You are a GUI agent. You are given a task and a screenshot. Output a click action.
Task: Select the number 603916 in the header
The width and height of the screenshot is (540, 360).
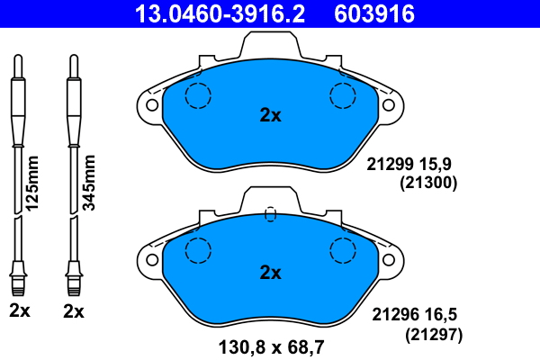374,13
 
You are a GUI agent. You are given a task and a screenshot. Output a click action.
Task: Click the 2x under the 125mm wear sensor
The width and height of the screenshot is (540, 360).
20,312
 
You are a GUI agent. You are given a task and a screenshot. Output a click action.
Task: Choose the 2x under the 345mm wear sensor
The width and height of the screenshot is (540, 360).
74,312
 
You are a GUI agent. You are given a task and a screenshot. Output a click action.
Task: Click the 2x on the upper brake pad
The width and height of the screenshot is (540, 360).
270,115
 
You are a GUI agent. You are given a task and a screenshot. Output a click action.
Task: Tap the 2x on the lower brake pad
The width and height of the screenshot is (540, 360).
270,272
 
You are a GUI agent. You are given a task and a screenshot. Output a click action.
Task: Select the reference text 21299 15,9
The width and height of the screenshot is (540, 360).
414,165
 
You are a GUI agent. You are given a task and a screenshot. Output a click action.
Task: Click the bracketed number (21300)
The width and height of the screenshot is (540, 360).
429,183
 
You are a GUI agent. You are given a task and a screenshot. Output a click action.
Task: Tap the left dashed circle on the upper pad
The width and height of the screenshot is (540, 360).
197,94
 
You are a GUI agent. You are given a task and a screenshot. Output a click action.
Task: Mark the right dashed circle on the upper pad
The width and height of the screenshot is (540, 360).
344,94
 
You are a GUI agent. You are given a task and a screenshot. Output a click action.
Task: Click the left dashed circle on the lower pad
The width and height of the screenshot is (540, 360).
197,249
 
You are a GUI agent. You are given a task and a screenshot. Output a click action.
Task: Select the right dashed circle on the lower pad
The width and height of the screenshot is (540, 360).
344,249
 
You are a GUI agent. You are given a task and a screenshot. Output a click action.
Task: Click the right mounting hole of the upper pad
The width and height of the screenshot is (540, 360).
389,105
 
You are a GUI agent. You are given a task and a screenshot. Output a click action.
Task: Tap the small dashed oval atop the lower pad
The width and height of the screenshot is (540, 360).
270,214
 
